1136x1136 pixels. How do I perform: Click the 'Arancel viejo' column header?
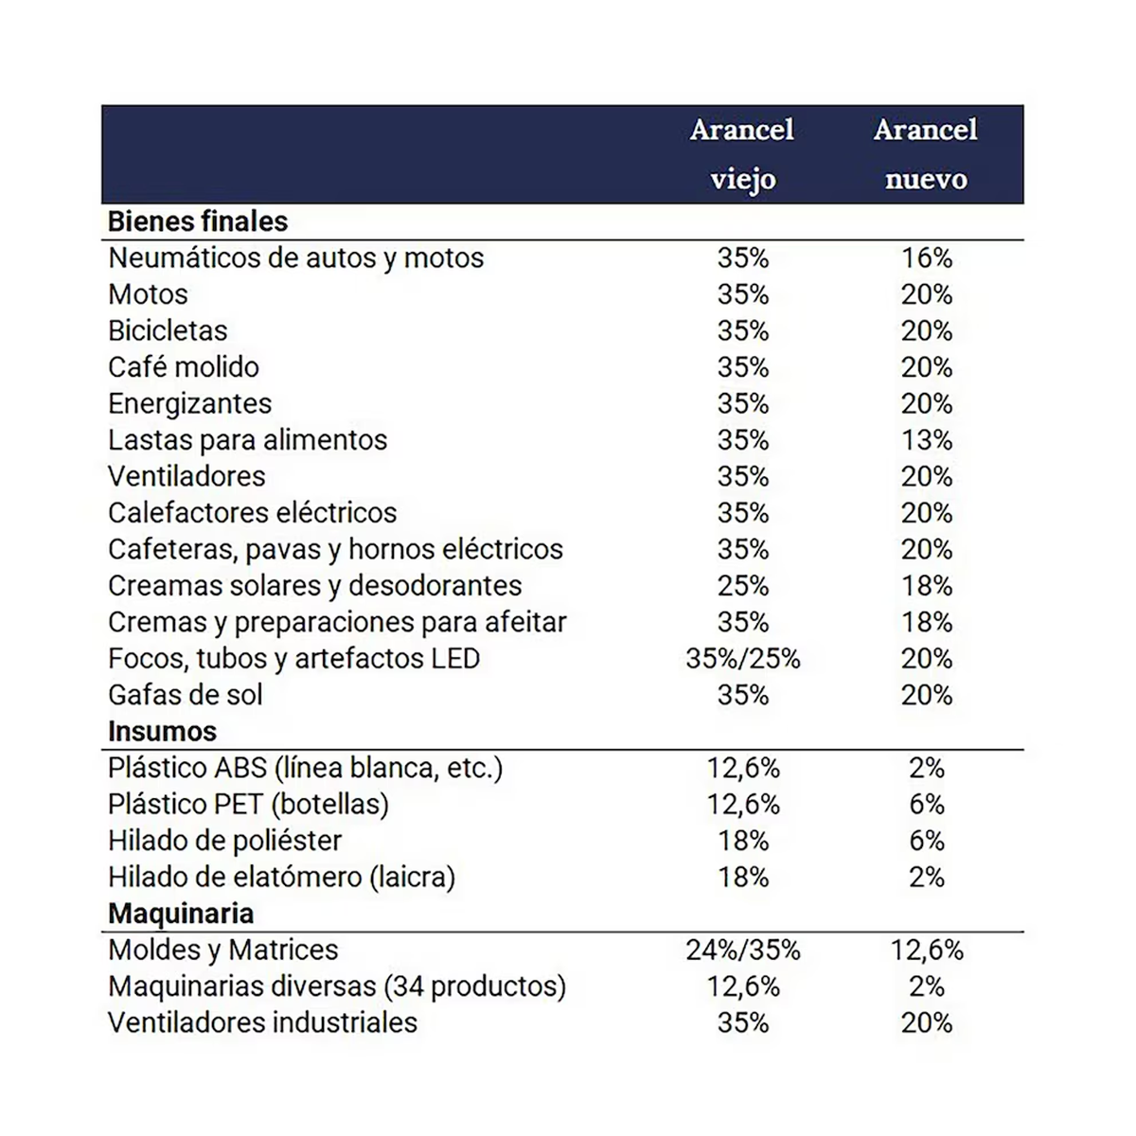click(x=742, y=154)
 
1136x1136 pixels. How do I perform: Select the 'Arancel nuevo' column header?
click(x=926, y=154)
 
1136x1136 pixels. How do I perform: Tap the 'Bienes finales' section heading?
click(x=198, y=222)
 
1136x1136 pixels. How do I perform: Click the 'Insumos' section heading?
click(x=162, y=732)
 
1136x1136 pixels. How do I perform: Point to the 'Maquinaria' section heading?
click(x=181, y=914)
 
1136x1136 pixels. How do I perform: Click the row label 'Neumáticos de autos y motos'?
click(x=295, y=257)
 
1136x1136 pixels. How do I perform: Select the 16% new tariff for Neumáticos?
click(x=927, y=257)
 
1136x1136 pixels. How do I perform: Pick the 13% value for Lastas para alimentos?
click(x=927, y=440)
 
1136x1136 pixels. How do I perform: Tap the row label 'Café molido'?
click(x=184, y=367)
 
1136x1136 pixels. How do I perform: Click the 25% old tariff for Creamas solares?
click(x=743, y=586)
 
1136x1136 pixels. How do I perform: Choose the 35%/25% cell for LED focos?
click(x=743, y=659)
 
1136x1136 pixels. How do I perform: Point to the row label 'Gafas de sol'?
click(x=186, y=695)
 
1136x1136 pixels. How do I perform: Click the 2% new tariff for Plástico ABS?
click(x=927, y=768)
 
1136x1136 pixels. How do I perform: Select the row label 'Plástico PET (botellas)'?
click(x=248, y=805)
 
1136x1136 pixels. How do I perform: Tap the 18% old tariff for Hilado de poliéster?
click(x=743, y=841)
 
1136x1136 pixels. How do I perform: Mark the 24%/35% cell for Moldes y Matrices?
click(x=743, y=950)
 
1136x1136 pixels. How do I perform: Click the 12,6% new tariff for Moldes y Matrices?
click(x=927, y=950)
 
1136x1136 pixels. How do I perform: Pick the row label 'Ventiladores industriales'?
click(x=262, y=1022)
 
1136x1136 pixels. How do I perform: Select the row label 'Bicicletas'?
click(x=168, y=330)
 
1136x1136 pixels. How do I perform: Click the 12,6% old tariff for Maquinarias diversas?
click(x=743, y=986)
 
